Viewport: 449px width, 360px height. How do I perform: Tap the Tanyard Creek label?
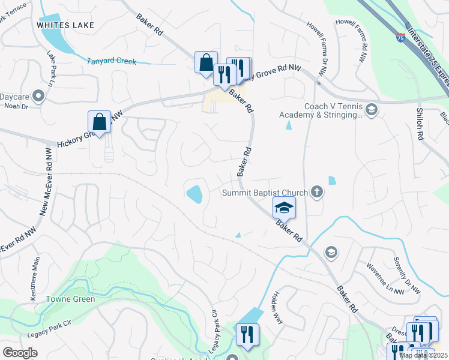click(112, 61)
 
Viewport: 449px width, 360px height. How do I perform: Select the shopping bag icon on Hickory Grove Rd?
click(99, 122)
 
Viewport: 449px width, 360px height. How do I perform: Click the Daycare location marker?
click(38, 96)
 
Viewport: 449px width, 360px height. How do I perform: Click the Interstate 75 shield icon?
click(400, 38)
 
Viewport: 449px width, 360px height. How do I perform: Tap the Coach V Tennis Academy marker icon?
click(372, 109)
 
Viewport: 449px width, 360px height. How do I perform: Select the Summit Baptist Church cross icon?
click(317, 193)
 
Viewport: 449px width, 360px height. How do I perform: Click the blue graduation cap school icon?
click(285, 208)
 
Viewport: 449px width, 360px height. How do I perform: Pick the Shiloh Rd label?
click(420, 125)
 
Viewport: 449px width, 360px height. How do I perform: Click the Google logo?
click(20, 353)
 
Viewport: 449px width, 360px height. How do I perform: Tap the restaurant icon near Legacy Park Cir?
click(247, 335)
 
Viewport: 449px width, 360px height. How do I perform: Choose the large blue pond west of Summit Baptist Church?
click(194, 194)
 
